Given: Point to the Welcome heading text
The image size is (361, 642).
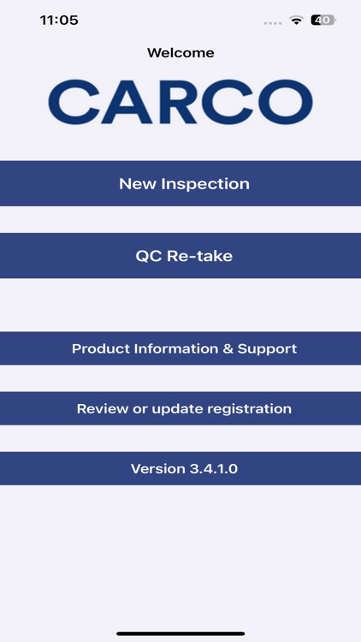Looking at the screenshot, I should (180, 53).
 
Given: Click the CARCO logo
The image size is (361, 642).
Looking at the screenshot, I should (180, 103).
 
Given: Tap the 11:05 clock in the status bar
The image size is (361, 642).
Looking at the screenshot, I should (59, 20).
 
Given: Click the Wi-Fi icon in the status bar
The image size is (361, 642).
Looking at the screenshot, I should (297, 20).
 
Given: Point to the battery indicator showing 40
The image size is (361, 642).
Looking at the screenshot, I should (323, 20).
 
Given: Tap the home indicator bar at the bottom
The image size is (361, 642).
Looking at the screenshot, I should (180, 633).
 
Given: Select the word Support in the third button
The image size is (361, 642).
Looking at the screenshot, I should (269, 348).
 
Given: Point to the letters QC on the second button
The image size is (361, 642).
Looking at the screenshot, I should (147, 255).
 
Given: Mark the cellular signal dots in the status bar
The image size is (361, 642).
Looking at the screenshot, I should (273, 21).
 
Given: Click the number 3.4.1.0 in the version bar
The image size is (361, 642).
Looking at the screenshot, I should (210, 468).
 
